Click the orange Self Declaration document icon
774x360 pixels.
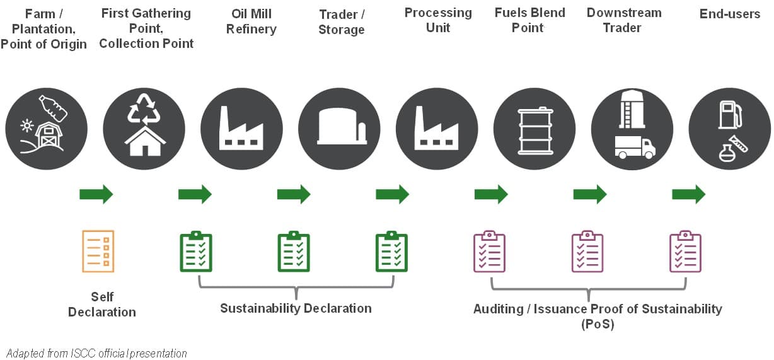[98, 251]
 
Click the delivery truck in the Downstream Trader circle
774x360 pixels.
[635, 148]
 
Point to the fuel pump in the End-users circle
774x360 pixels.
[729, 115]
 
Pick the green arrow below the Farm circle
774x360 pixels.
[96, 194]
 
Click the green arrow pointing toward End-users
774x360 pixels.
[688, 194]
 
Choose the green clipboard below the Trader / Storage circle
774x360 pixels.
[392, 252]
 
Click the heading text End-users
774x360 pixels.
[730, 14]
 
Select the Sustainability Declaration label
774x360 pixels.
[296, 308]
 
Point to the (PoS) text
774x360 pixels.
[597, 324]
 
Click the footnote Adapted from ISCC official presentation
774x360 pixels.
[96, 353]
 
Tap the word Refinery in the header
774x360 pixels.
[251, 29]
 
